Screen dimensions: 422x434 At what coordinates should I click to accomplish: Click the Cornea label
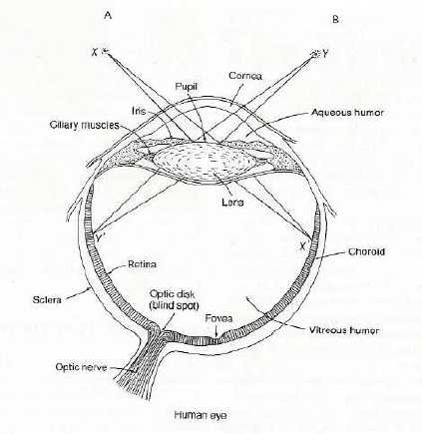(245, 76)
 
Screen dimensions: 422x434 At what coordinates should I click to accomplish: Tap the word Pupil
(187, 87)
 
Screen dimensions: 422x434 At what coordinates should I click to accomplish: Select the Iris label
(139, 111)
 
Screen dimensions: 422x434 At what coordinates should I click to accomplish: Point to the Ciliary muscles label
(85, 125)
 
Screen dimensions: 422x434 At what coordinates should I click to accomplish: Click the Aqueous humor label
(347, 113)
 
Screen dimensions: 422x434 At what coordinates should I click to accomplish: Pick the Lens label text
(232, 202)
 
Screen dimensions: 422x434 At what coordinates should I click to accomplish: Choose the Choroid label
(366, 251)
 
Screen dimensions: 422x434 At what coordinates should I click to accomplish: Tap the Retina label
(142, 264)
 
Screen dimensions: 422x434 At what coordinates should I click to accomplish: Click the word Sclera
(47, 299)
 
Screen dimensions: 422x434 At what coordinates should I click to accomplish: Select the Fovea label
(218, 318)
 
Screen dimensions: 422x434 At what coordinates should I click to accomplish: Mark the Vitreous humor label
(344, 330)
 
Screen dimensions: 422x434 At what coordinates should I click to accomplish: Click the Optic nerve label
(81, 367)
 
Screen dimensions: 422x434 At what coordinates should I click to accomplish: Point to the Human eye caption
(201, 415)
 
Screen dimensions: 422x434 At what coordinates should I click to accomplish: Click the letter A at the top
(108, 16)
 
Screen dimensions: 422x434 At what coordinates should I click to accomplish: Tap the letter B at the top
(335, 20)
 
